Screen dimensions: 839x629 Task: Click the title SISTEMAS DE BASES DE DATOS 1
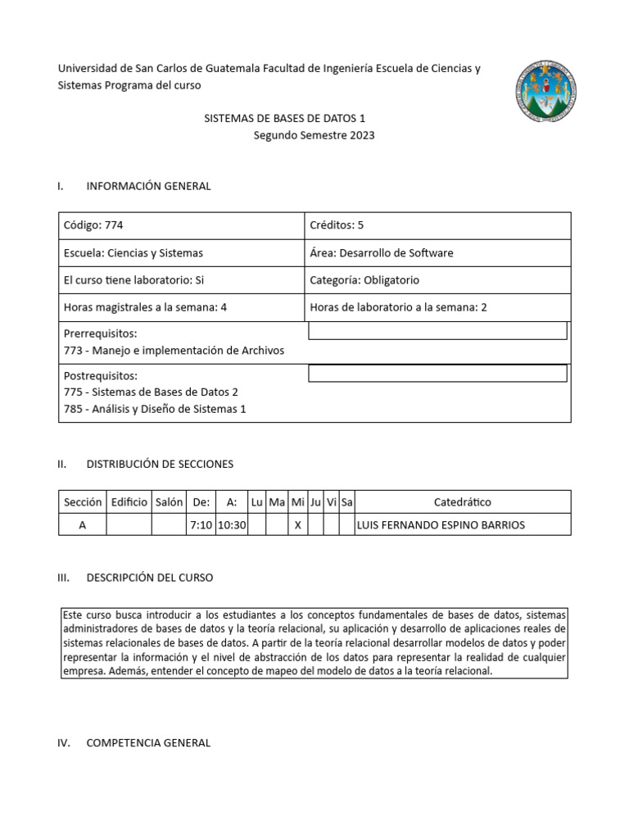point(284,119)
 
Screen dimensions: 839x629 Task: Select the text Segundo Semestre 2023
point(314,135)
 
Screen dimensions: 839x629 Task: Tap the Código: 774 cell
point(93,225)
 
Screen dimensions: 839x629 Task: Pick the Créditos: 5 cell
point(337,225)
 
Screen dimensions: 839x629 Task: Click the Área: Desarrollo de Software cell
point(381,253)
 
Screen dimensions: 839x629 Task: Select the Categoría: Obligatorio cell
point(364,280)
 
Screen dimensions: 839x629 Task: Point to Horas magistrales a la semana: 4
point(144,308)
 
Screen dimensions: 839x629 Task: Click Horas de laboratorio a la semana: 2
point(398,308)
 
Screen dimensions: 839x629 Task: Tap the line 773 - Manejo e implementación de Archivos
point(174,351)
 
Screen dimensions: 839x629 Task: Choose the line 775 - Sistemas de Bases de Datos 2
point(151,392)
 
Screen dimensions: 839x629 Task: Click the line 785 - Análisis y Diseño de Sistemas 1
point(154,409)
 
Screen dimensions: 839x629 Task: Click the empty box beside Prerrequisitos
point(437,331)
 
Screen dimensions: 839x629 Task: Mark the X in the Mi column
point(298,525)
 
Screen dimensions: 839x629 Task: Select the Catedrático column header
point(463,502)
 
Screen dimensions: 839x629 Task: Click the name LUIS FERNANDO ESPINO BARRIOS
point(440,525)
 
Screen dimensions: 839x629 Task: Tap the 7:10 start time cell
point(200,525)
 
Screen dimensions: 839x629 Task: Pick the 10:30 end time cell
point(232,525)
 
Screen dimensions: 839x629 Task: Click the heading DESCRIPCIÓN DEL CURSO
point(149,578)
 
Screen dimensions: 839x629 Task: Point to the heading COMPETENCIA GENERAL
point(148,743)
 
